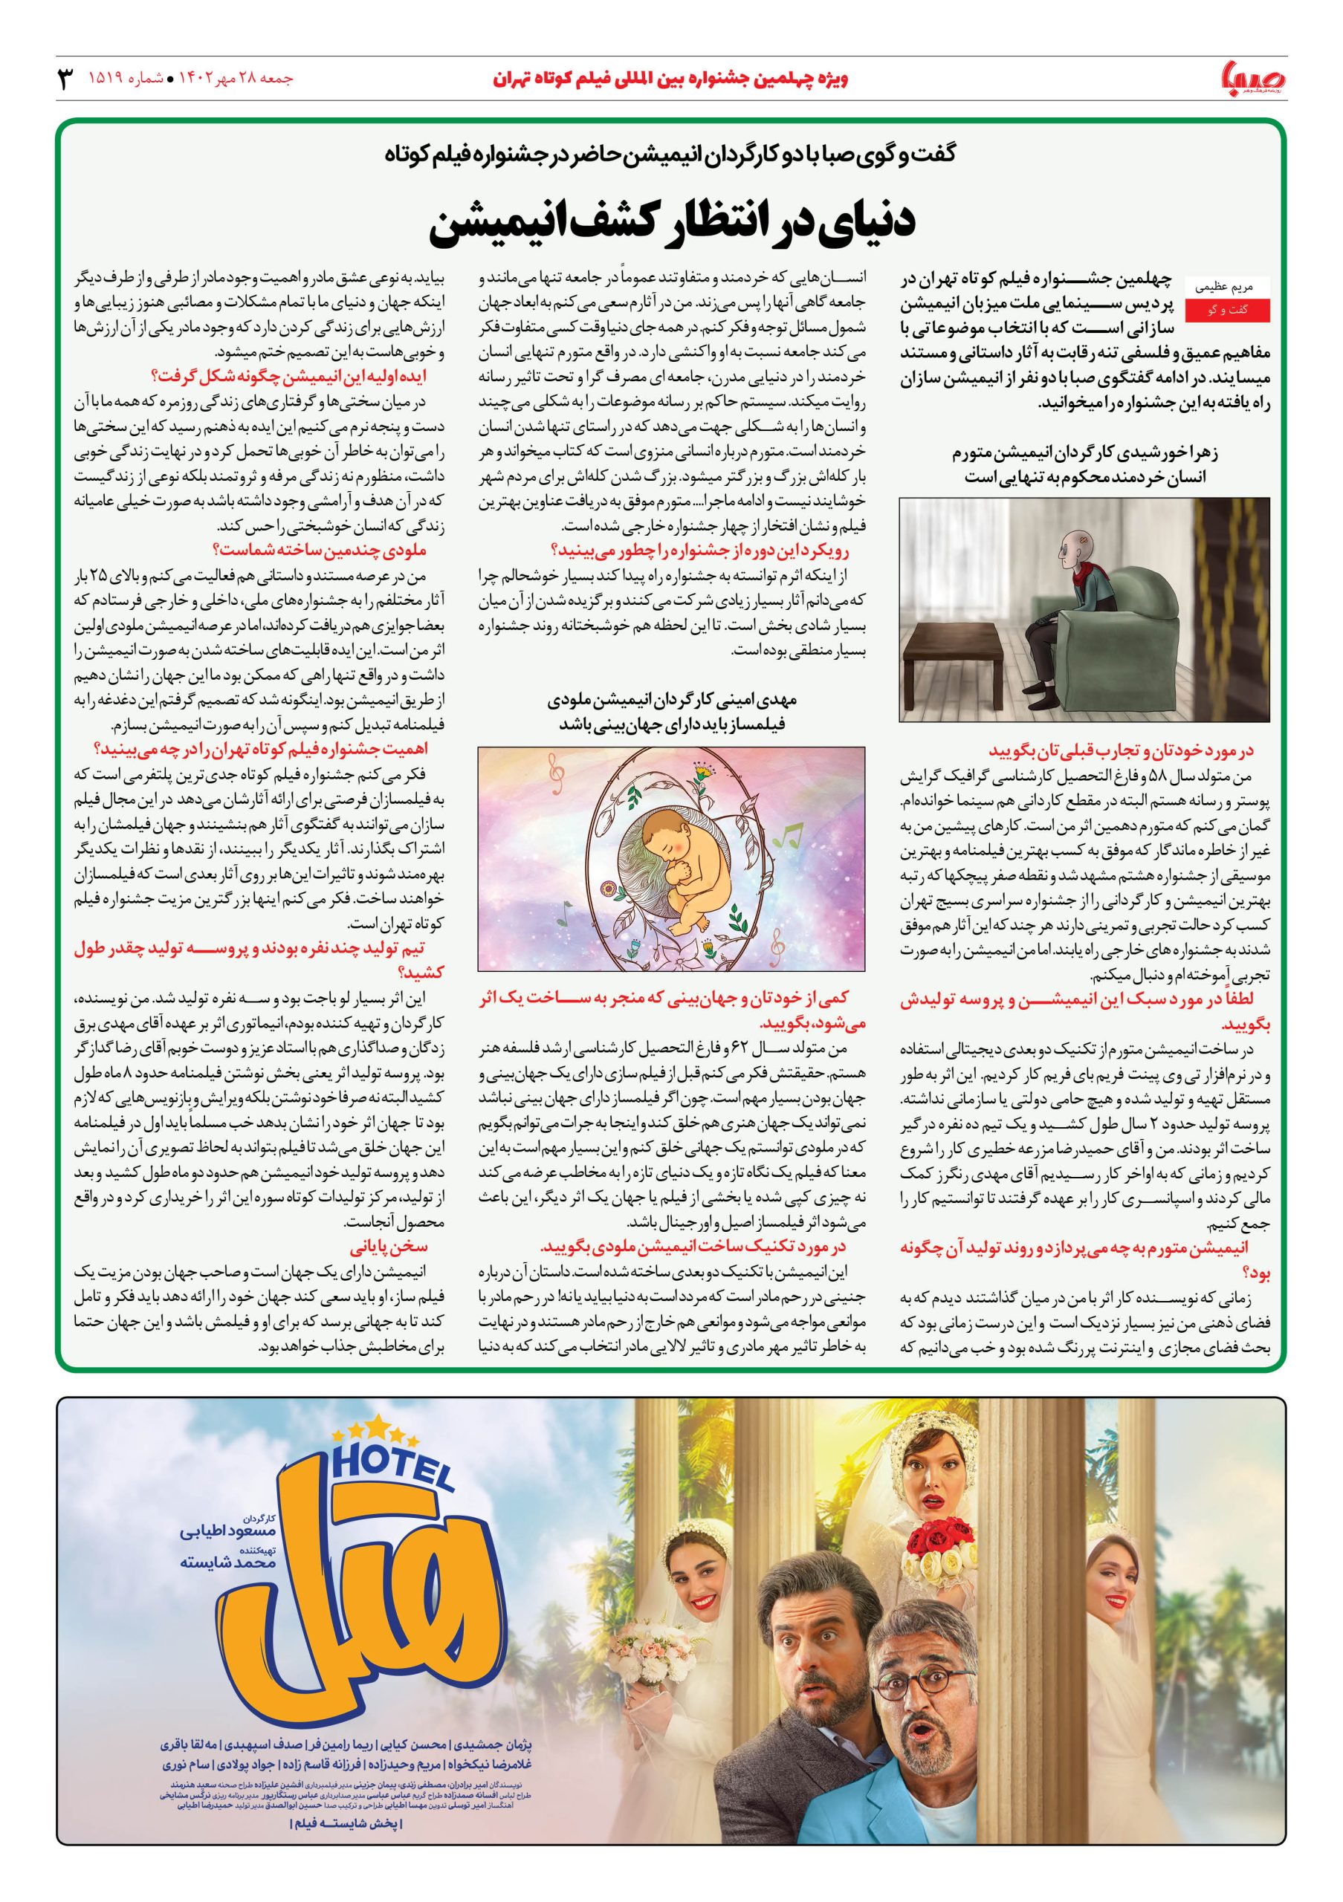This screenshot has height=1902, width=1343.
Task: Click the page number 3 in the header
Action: pyautogui.click(x=65, y=79)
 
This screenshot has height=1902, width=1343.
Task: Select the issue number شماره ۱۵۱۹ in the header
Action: pyautogui.click(x=125, y=79)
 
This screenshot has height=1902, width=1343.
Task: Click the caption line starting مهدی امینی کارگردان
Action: pyautogui.click(x=671, y=700)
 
